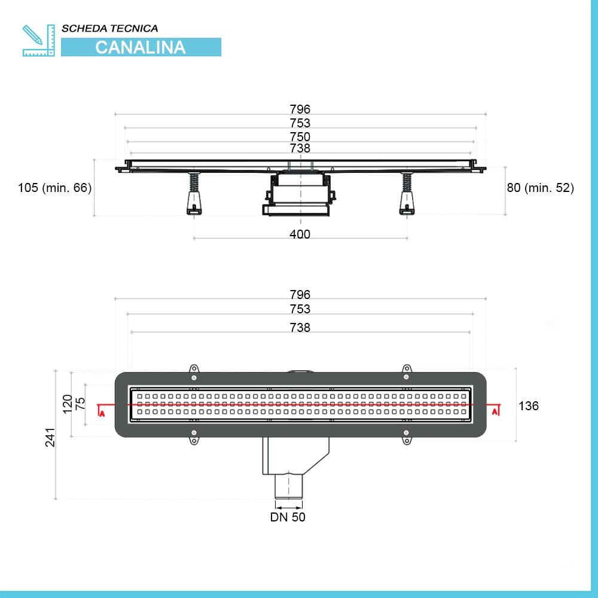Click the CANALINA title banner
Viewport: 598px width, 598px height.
tap(141, 47)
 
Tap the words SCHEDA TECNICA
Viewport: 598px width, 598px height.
tap(109, 28)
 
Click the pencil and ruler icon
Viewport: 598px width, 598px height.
tap(38, 40)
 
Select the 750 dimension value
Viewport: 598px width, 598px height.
tap(300, 136)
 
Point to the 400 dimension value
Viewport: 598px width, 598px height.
tap(300, 234)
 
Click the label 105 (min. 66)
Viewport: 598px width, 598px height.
tap(54, 188)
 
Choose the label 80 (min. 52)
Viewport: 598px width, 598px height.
tap(541, 188)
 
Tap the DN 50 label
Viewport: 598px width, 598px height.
tap(288, 517)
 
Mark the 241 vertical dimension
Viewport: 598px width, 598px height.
tap(50, 437)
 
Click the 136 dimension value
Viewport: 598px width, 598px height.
tap(529, 406)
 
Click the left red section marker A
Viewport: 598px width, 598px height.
tap(102, 413)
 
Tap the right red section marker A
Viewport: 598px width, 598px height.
tap(495, 411)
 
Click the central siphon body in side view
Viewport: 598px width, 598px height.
tap(298, 193)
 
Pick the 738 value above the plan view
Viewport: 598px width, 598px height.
tap(300, 328)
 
